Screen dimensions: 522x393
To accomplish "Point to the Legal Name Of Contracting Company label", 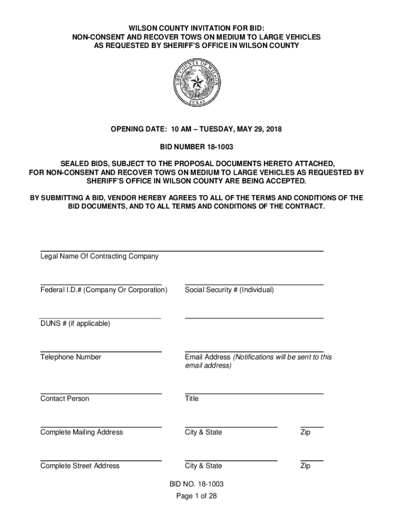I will (99, 256).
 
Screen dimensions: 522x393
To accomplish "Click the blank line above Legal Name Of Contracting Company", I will (182, 251).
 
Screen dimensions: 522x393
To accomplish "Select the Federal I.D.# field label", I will (104, 290).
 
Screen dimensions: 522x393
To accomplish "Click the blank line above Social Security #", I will (254, 284).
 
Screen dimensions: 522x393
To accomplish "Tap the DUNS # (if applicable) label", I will (75, 324).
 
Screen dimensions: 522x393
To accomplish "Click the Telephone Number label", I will (70, 357).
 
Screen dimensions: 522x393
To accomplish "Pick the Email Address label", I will (207, 357).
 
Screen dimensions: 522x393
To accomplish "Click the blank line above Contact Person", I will (101, 394).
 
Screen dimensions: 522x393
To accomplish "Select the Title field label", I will (192, 399).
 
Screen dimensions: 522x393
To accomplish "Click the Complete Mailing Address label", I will (82, 432).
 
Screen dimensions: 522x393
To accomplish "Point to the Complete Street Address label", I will (80, 466).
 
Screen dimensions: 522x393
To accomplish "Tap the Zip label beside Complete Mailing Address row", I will (305, 432).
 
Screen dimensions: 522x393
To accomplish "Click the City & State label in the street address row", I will (203, 466).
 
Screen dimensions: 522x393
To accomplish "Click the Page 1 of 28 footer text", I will (196, 495).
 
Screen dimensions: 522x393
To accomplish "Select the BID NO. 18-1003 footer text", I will (196, 484).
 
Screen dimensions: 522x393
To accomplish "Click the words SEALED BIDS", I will (83, 164).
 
